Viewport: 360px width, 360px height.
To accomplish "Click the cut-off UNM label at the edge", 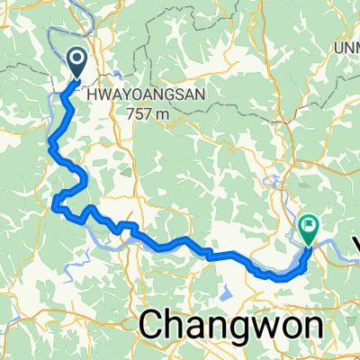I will coord(347,48).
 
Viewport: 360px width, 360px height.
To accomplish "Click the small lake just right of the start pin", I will coord(117,72).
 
